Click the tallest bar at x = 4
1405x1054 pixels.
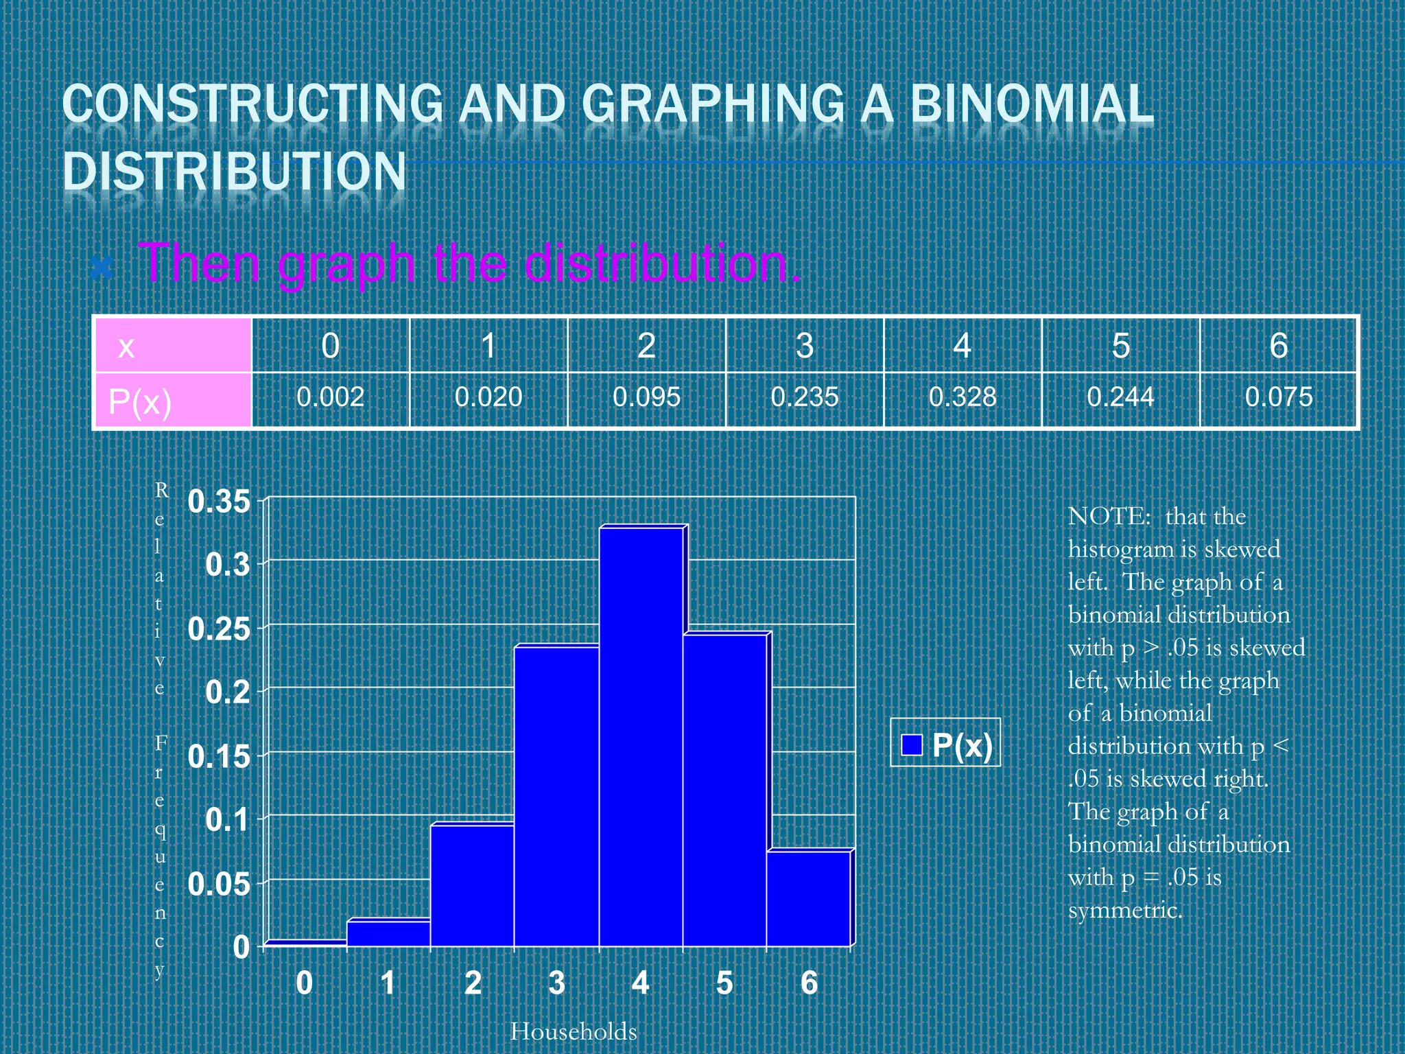(641, 738)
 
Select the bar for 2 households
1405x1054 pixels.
(472, 885)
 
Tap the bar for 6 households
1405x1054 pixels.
(808, 899)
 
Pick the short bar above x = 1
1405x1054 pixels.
(388, 933)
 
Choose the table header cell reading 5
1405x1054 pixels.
(1120, 346)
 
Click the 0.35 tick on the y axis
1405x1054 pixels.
(219, 502)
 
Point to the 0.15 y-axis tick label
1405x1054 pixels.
(219, 757)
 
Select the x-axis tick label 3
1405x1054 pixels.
(556, 983)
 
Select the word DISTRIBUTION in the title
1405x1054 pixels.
(235, 172)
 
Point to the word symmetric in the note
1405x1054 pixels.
(1125, 911)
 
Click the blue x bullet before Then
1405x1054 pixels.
(102, 267)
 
